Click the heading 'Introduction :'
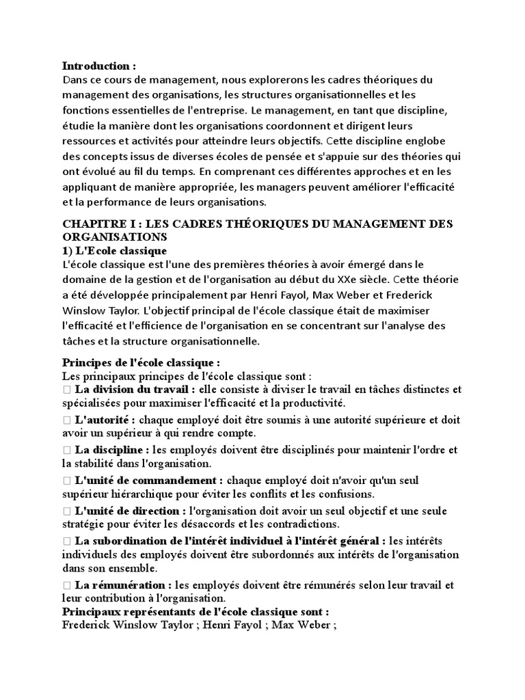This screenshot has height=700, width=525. tap(99, 66)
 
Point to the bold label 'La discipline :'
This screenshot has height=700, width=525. tap(112, 450)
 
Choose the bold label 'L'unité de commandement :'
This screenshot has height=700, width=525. tap(148, 480)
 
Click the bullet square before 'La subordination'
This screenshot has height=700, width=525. tap(66, 541)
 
